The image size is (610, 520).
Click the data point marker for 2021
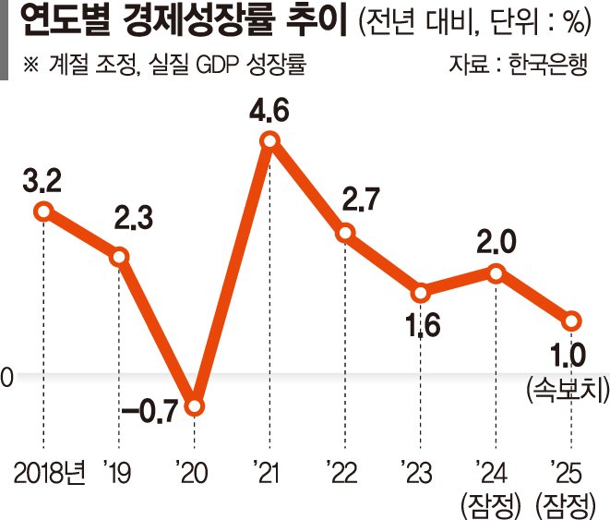pos(269,140)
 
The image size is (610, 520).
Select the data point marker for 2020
pos(194,405)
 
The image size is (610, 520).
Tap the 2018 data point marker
pos(42,212)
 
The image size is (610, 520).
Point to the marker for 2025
pos(572,320)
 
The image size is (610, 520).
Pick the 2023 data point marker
pos(421,294)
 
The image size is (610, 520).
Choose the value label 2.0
pos(496,243)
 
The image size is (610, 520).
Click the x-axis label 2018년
pos(49,473)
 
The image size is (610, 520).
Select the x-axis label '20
pos(194,473)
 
